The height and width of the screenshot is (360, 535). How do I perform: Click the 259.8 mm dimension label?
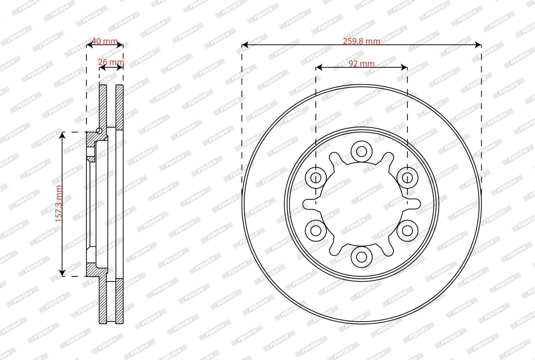(361, 41)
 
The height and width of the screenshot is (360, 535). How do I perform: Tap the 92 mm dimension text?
(361, 64)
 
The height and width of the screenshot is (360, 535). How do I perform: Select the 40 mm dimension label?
(105, 41)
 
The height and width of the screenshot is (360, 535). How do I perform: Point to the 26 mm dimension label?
(111, 62)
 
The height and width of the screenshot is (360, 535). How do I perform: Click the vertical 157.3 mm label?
(59, 204)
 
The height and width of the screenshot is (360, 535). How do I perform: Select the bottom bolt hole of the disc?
(361, 257)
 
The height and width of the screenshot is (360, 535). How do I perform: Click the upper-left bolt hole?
(316, 178)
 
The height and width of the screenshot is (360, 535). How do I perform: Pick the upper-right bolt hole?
(407, 178)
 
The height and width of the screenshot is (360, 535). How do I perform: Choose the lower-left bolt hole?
(316, 231)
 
